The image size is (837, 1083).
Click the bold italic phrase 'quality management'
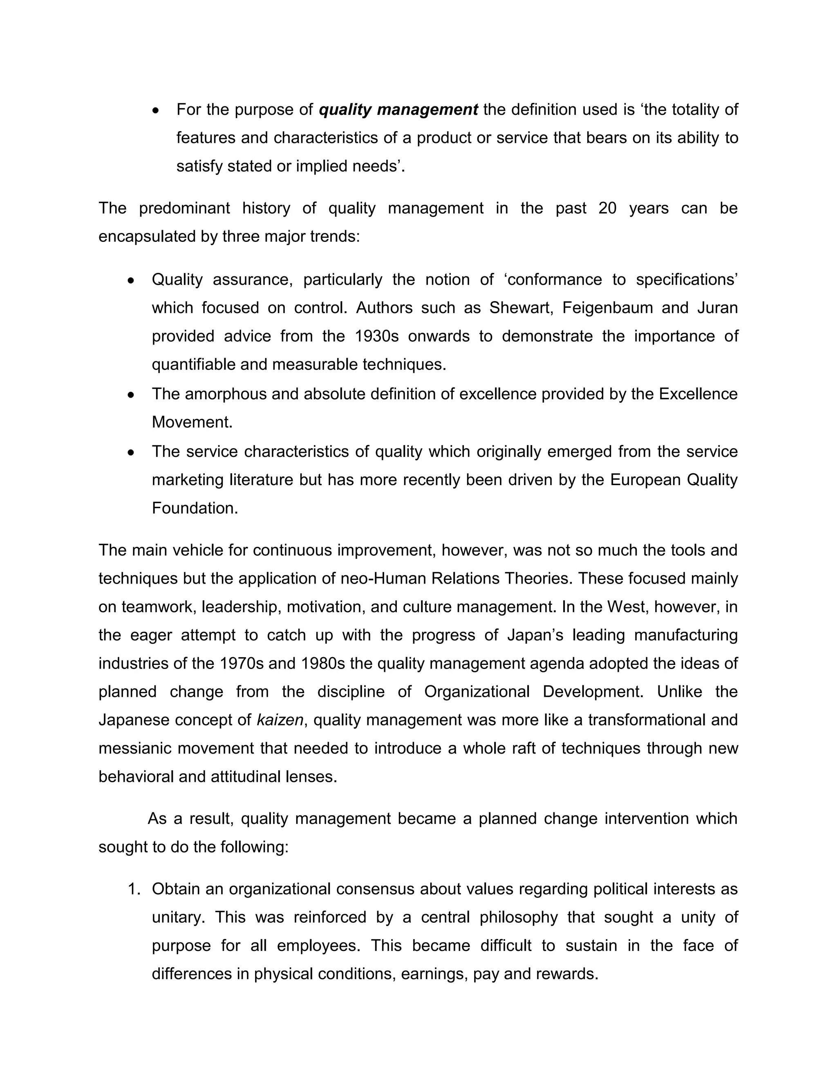tap(398, 110)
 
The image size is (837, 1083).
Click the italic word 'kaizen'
tap(280, 720)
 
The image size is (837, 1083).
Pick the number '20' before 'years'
tap(607, 208)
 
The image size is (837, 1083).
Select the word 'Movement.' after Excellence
tap(192, 423)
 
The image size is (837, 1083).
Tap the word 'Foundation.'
tap(195, 508)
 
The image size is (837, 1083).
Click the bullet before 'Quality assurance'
tap(131, 281)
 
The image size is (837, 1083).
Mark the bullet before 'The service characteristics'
tap(131, 453)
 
